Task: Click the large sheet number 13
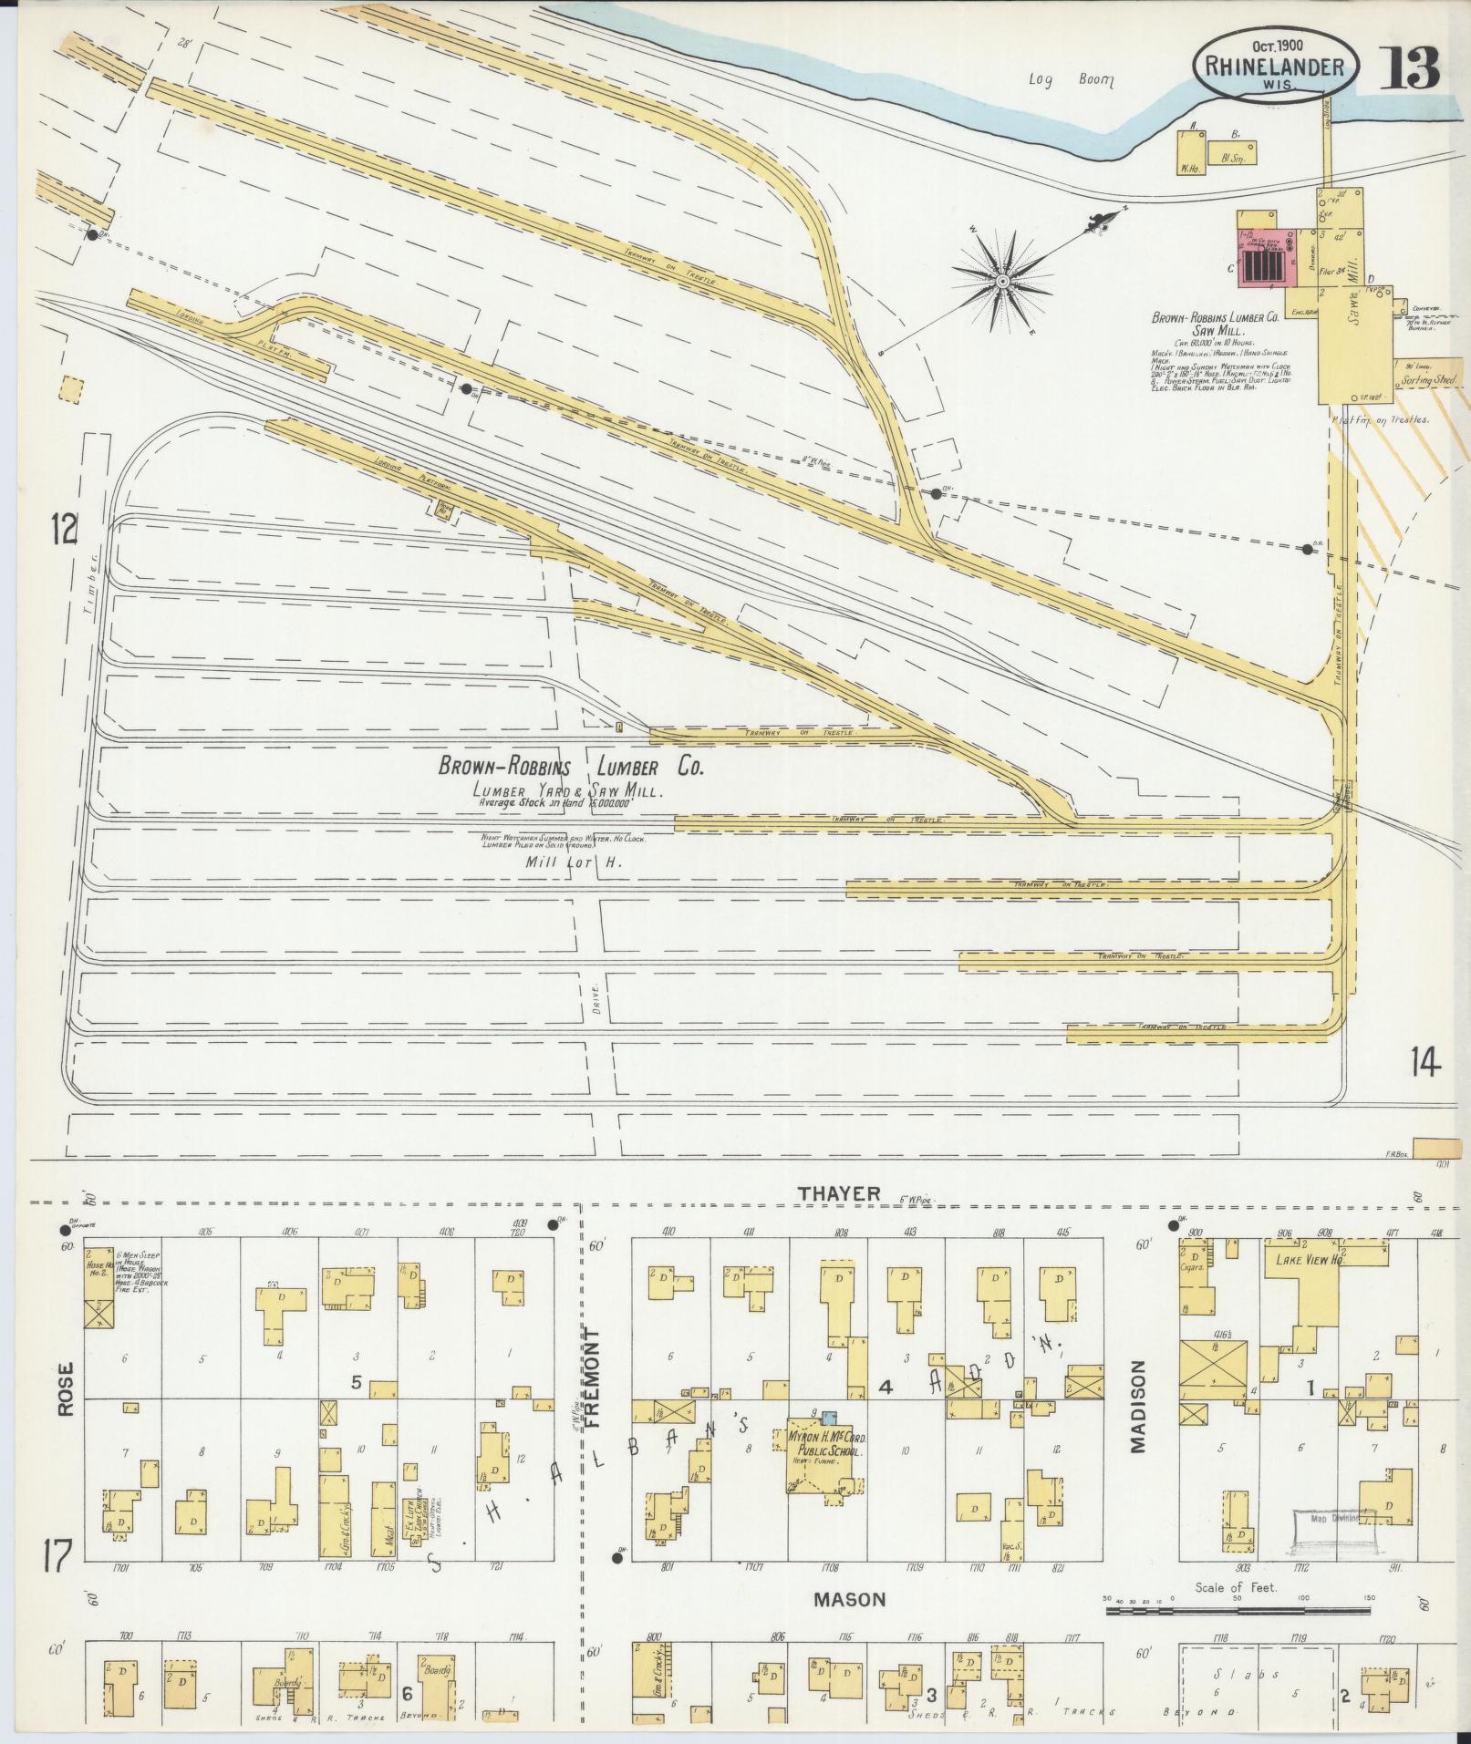pyautogui.click(x=1410, y=66)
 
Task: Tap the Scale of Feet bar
pyautogui.click(x=1238, y=1612)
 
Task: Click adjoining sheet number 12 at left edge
pyautogui.click(x=64, y=529)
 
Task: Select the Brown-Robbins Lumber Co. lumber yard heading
pyautogui.click(x=572, y=767)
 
